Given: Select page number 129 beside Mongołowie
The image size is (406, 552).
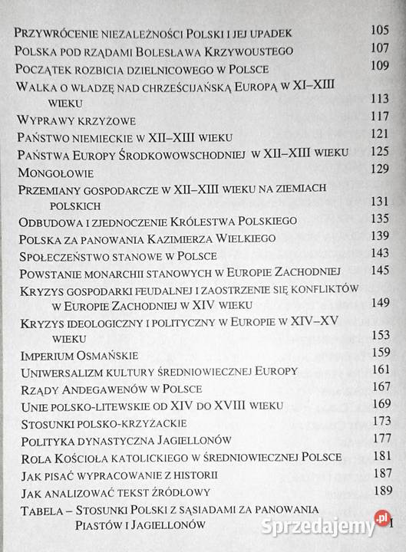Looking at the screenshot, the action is pyautogui.click(x=381, y=167).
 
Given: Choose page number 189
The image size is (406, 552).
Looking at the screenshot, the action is pyautogui.click(x=381, y=490).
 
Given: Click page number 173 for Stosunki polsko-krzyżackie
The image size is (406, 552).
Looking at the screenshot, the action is pyautogui.click(x=381, y=422).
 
